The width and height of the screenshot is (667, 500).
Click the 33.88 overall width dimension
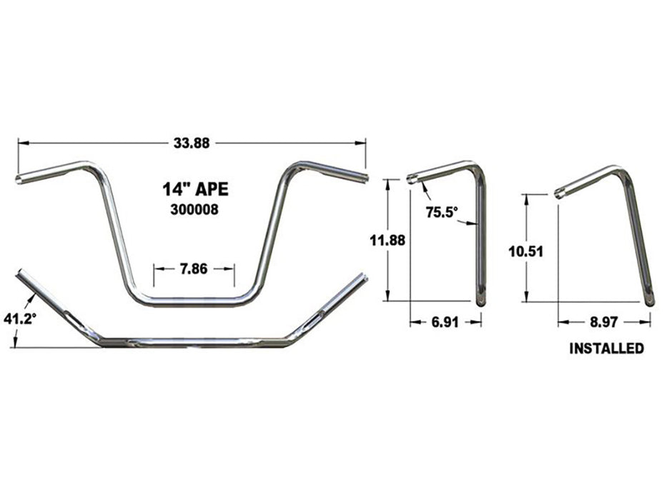[x=192, y=143]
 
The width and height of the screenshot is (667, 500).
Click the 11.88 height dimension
[x=387, y=241]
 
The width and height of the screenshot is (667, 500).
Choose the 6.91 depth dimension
[x=445, y=322]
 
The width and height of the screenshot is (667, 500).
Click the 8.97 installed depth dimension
[x=604, y=322]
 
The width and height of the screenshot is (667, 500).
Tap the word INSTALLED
[x=606, y=349]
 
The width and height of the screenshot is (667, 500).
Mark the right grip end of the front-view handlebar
[x=365, y=176]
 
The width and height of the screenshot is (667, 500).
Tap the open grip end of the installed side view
[x=559, y=192]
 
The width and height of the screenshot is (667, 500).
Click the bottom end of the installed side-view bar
[x=649, y=301]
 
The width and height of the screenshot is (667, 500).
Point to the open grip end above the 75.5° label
[x=412, y=179]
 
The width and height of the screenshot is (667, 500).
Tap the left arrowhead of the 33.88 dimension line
[x=22, y=143]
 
